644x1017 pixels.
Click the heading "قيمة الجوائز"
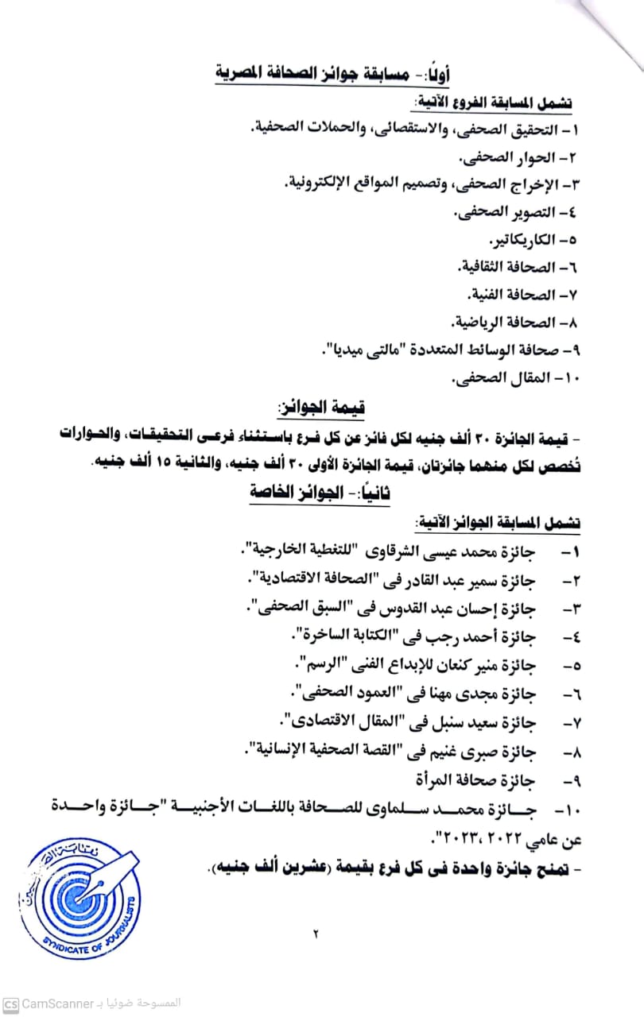[x=321, y=409]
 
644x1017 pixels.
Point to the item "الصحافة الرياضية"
[x=498, y=323]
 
